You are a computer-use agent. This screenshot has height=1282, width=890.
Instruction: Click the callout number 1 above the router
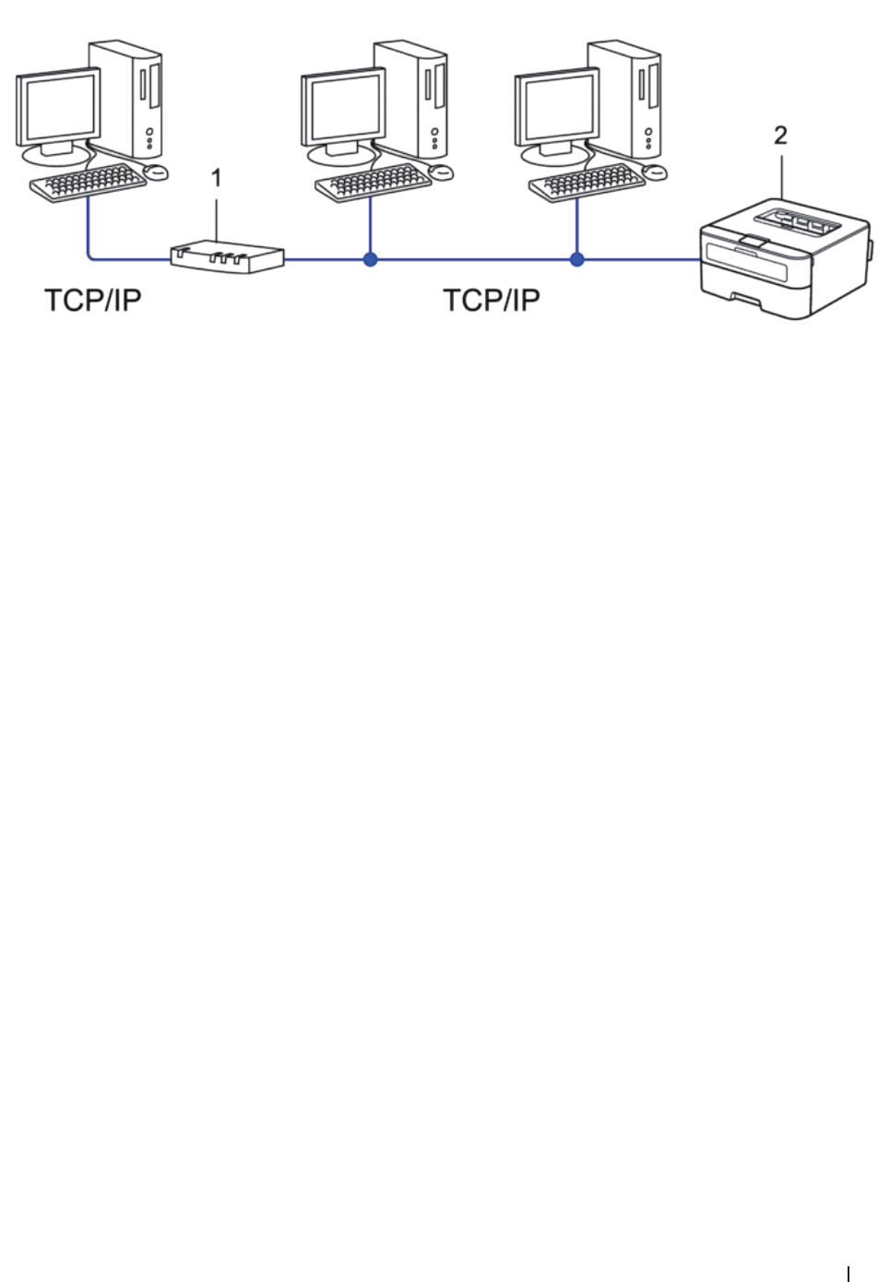(x=217, y=179)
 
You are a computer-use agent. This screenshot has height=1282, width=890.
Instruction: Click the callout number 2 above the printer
(x=780, y=136)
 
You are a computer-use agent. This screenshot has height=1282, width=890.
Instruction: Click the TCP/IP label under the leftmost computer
(x=93, y=301)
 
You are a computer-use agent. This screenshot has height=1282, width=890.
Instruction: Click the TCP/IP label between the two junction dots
(x=492, y=301)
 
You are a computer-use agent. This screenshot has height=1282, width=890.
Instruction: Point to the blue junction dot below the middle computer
(x=370, y=260)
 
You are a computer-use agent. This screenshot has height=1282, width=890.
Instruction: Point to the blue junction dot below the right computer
(x=577, y=260)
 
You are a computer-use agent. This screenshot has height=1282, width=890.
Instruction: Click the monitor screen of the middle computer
(x=344, y=109)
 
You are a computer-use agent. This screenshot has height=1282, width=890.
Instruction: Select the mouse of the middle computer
(x=443, y=172)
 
